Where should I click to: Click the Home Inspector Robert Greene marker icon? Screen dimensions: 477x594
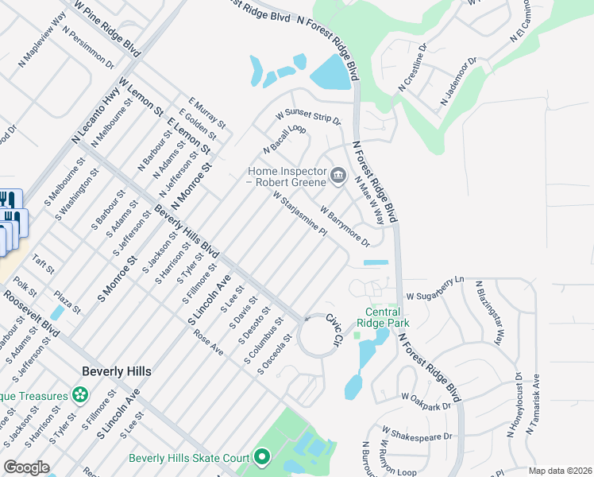pyautogui.click(x=338, y=175)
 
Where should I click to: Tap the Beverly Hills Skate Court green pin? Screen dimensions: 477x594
pyautogui.click(x=262, y=457)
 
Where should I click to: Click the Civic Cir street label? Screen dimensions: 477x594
pyautogui.click(x=334, y=328)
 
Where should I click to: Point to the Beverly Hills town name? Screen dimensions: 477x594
pyautogui.click(x=117, y=371)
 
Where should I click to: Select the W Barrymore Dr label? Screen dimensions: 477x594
pyautogui.click(x=345, y=226)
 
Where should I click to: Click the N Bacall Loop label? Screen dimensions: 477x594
pyautogui.click(x=285, y=139)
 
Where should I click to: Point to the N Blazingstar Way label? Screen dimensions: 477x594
pyautogui.click(x=489, y=312)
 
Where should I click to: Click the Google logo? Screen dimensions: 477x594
pyautogui.click(x=26, y=467)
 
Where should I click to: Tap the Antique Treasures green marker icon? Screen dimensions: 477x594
pyautogui.click(x=79, y=394)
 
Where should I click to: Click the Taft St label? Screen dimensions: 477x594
pyautogui.click(x=44, y=265)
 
